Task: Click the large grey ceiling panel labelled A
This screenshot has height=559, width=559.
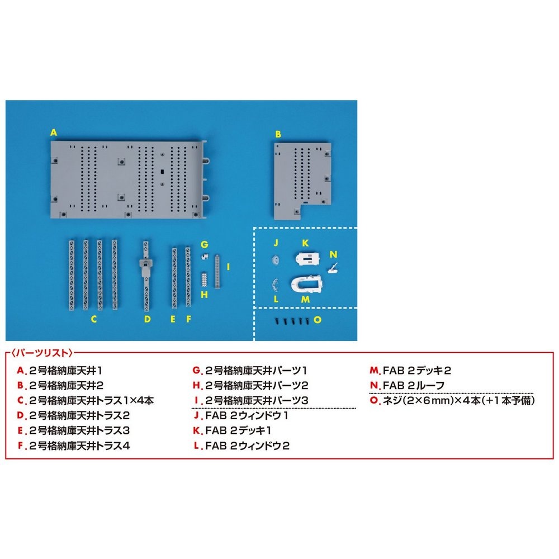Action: click(x=129, y=179)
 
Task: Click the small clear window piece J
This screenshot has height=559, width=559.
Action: click(x=275, y=259)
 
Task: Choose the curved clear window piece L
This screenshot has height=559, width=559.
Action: click(x=274, y=285)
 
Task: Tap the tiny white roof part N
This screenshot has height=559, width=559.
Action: click(x=333, y=268)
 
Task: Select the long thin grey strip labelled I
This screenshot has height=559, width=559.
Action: click(x=217, y=271)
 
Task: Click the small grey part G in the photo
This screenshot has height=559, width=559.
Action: click(x=205, y=256)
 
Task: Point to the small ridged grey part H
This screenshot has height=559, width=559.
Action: click(x=204, y=279)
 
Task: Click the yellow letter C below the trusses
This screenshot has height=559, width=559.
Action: click(x=94, y=319)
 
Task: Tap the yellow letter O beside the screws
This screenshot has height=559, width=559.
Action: click(x=318, y=320)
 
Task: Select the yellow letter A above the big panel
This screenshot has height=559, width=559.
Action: click(x=54, y=132)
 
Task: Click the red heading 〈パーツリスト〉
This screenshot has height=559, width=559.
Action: click(x=42, y=353)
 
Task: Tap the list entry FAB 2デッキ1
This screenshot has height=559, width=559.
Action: click(x=238, y=430)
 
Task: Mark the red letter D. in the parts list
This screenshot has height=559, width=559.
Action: click(x=22, y=416)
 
